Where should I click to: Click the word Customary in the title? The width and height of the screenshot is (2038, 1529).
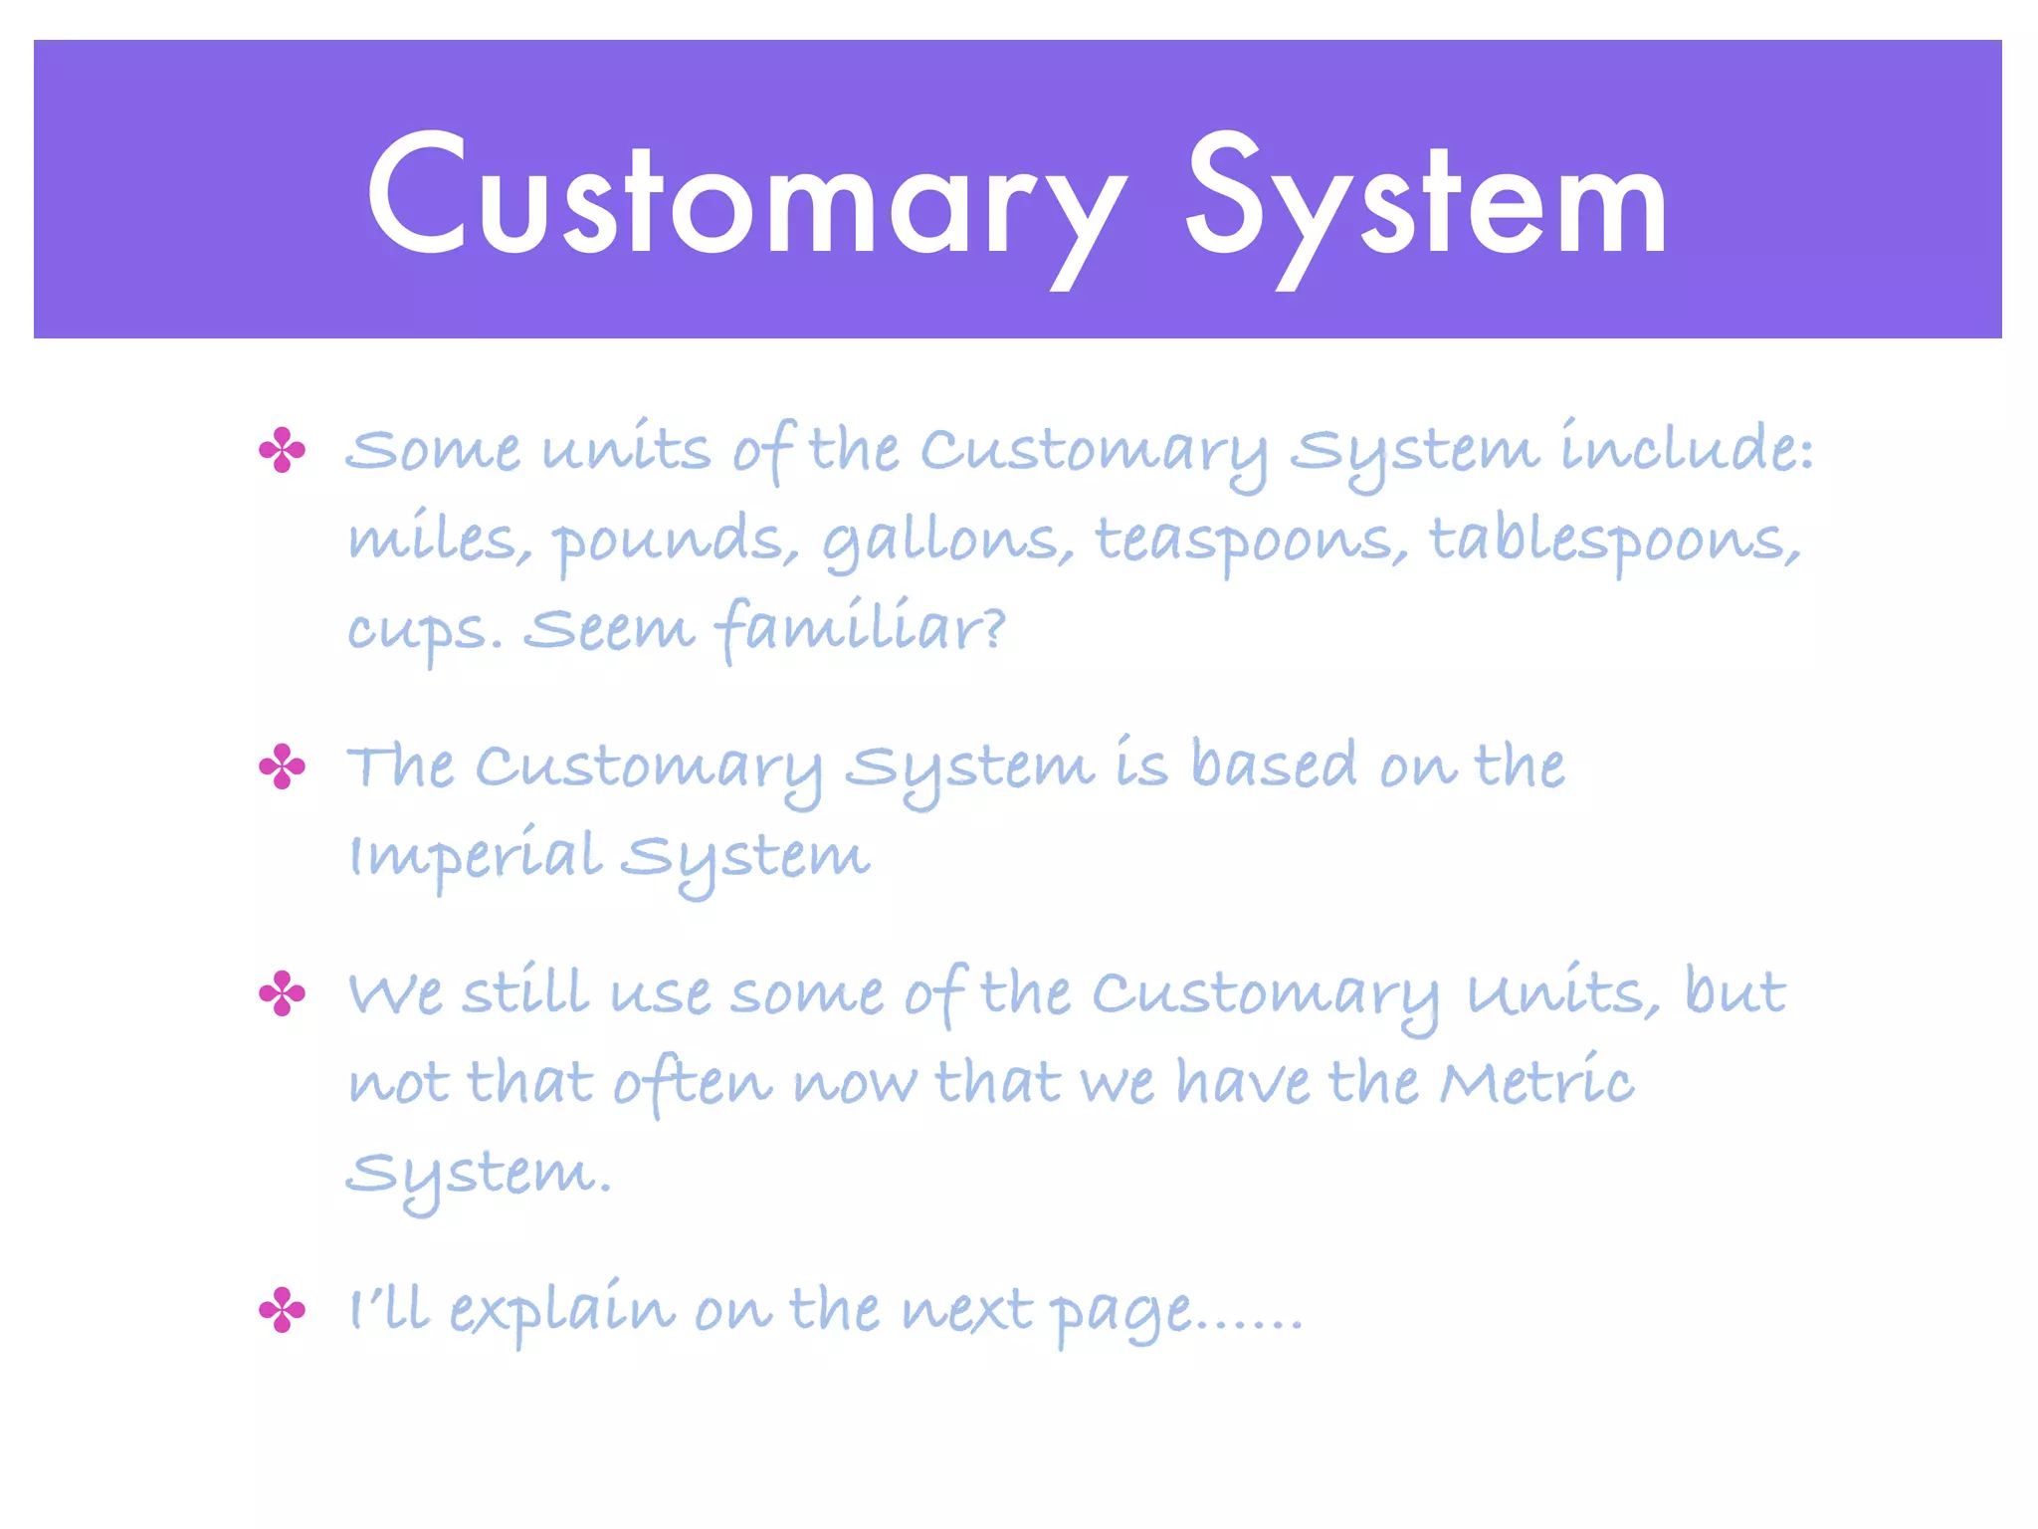[x=746, y=199]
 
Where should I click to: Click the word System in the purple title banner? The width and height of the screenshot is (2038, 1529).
[x=1425, y=199]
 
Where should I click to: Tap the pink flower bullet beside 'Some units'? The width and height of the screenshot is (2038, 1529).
[x=282, y=450]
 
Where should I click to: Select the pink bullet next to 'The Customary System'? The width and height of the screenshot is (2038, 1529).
[x=282, y=766]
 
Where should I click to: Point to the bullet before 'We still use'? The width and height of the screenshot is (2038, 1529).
[x=282, y=993]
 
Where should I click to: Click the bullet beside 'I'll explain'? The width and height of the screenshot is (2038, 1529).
[x=282, y=1310]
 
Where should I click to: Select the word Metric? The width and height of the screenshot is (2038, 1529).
[x=1536, y=1081]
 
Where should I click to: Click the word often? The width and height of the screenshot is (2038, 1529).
[x=693, y=1081]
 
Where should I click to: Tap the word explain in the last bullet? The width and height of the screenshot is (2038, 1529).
[x=561, y=1310]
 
